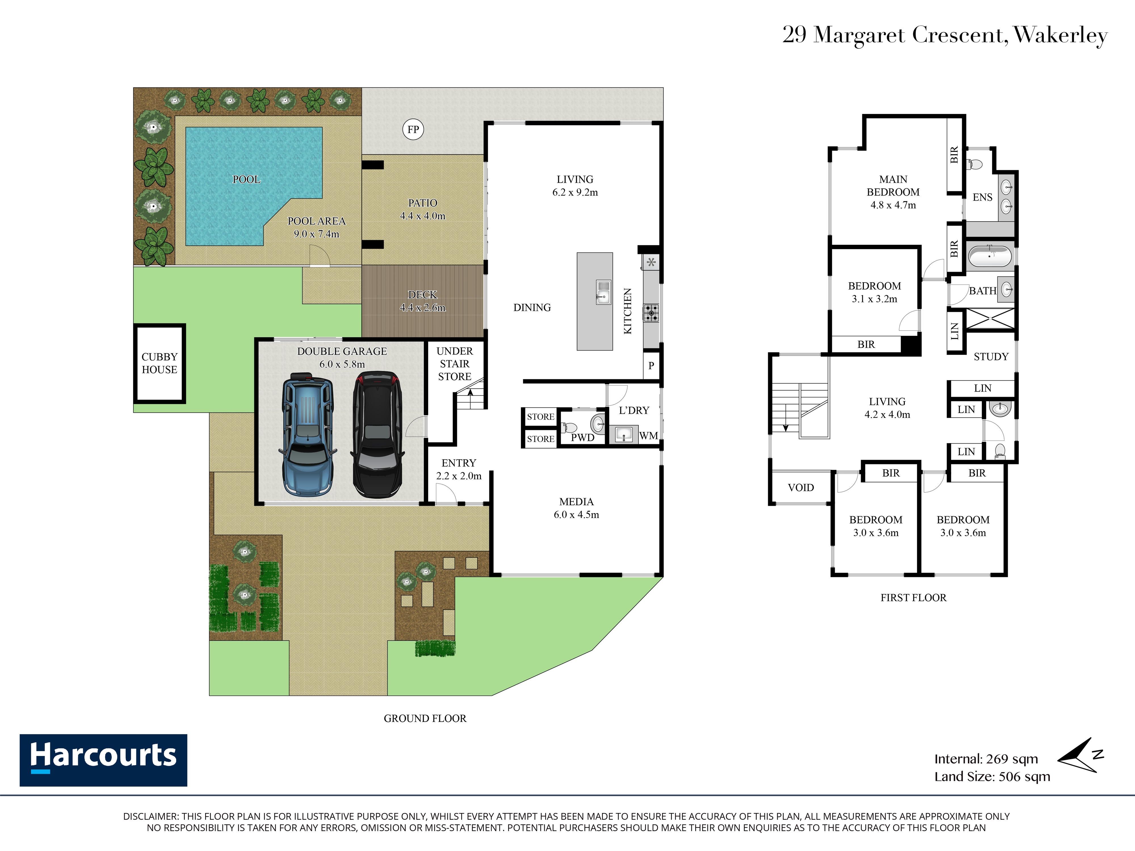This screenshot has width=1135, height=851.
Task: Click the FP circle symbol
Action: (x=413, y=129)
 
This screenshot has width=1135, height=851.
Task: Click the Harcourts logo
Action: (x=103, y=760)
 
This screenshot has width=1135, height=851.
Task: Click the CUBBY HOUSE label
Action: (x=159, y=363)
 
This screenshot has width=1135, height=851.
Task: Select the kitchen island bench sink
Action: (x=604, y=292)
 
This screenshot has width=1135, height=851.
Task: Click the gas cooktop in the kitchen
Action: (x=651, y=312)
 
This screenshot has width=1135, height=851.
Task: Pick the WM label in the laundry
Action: (x=649, y=435)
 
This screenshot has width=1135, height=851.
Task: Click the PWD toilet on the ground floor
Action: (x=569, y=427)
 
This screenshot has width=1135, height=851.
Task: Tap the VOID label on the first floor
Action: (x=801, y=487)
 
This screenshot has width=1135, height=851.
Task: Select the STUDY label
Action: (x=991, y=357)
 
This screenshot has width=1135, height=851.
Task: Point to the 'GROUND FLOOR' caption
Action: (x=425, y=718)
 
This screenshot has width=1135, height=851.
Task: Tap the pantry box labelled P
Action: (x=651, y=365)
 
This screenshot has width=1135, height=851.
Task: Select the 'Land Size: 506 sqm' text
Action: (x=992, y=777)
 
